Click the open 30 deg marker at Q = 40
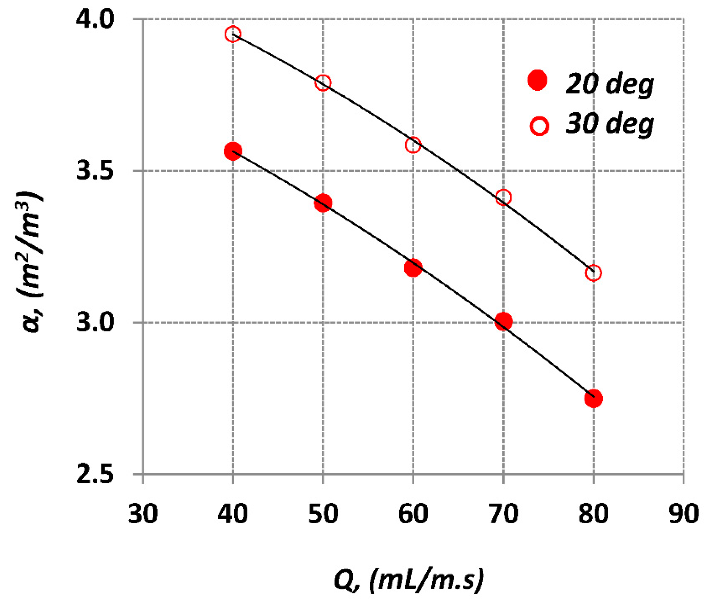coord(233,34)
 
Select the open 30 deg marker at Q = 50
coord(323,83)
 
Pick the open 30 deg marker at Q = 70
coord(503,197)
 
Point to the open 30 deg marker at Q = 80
coord(593,273)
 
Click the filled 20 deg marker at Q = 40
coord(233,151)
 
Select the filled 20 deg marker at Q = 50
coord(323,203)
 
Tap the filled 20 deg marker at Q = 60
coord(413,268)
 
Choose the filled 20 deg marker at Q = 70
coord(503,321)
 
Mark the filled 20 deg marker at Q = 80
coord(593,398)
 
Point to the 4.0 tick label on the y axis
coord(94,20)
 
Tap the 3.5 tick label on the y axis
coord(94,171)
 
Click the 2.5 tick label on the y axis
coord(94,474)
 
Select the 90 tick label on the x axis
coord(683,514)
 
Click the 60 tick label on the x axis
coord(413,514)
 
